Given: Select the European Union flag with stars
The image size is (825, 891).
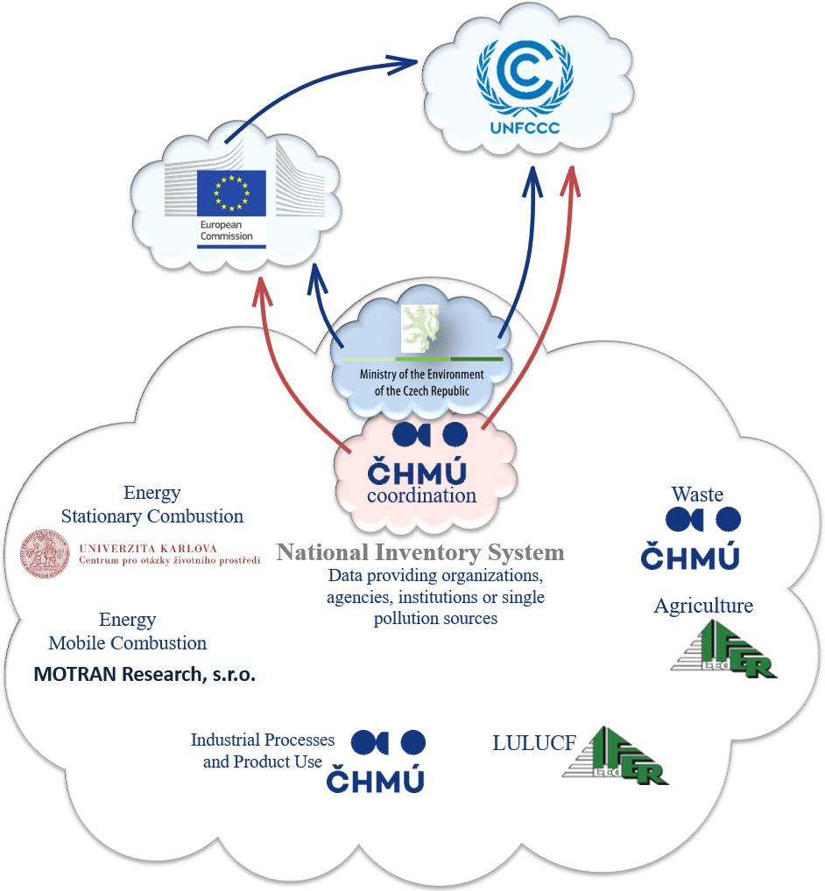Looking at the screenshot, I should click(x=230, y=192).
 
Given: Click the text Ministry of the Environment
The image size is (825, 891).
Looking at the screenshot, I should click(x=422, y=374).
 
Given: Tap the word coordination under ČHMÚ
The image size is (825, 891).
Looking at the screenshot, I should click(x=421, y=495).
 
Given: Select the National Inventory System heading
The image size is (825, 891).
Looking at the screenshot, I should click(x=420, y=552).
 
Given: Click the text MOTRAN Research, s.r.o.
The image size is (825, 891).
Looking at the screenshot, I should click(x=145, y=675).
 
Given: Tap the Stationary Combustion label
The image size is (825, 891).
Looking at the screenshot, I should click(x=152, y=516).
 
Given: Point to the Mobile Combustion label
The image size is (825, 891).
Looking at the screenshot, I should click(x=128, y=642).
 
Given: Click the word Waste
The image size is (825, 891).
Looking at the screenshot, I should click(x=697, y=495).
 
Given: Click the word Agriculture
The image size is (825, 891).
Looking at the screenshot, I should click(x=703, y=606).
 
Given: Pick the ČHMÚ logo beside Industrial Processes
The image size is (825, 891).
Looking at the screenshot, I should click(x=376, y=761).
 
